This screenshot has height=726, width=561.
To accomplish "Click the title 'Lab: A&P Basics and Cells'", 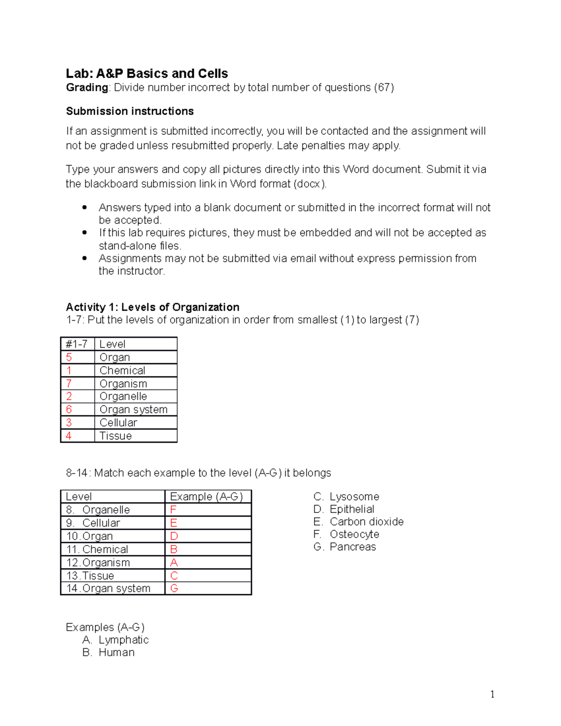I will [147, 73].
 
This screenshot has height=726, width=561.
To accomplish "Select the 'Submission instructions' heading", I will [129, 111].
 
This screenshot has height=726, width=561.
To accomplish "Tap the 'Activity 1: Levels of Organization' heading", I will [152, 307].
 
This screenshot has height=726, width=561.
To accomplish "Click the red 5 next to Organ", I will [69, 358].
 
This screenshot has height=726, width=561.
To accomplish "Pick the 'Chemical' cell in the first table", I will [122, 371].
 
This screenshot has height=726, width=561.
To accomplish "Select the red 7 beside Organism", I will [69, 384].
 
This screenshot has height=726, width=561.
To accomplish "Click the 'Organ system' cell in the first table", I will [133, 410].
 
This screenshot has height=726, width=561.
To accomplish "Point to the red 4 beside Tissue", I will [69, 436].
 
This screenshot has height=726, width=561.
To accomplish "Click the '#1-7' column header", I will [77, 344].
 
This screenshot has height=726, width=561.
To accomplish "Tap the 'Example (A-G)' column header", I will [206, 496].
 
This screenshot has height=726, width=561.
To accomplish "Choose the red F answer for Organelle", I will [173, 510].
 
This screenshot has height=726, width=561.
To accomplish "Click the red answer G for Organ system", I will [174, 588].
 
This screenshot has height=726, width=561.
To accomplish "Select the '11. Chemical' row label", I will [97, 549].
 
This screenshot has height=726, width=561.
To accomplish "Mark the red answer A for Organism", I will [174, 562].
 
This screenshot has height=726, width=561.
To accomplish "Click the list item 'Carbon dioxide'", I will [367, 522].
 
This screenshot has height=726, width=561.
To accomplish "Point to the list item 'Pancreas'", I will [352, 547].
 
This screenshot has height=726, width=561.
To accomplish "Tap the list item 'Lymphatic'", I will [123, 640].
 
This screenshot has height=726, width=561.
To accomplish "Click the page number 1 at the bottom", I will [492, 694].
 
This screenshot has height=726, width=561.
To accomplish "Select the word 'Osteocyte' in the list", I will [354, 534].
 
